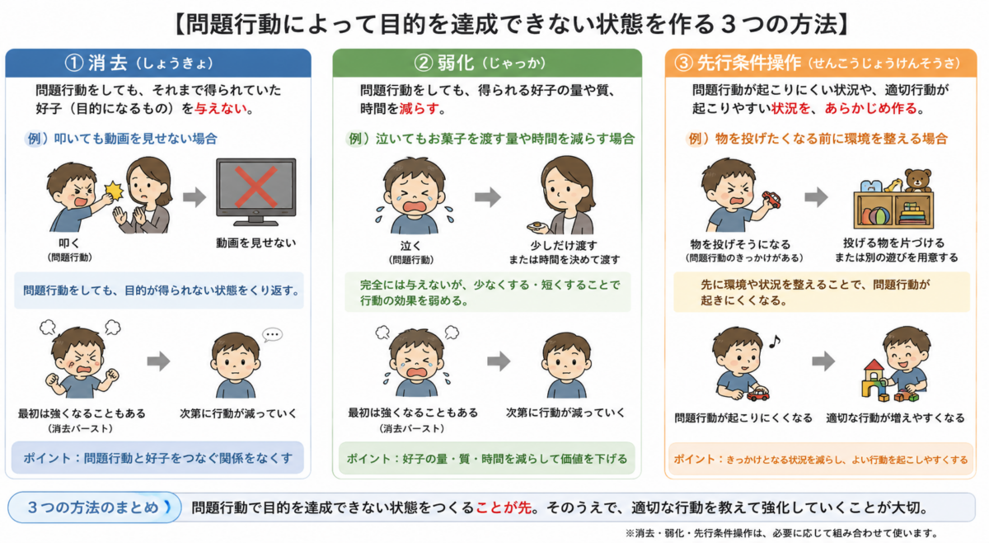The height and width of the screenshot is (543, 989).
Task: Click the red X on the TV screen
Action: [x=255, y=187]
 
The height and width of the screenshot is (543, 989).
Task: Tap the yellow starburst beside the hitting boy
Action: [x=114, y=191]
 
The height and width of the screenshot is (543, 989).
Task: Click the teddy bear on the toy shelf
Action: [x=918, y=180]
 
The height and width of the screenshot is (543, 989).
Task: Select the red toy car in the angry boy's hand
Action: [x=771, y=200]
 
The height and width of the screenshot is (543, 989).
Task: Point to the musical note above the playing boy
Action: [x=775, y=341]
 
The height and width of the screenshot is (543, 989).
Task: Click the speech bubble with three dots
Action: [x=272, y=335]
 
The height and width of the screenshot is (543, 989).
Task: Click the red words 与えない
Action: [x=221, y=109]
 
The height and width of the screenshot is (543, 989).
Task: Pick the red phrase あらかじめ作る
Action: [x=871, y=109]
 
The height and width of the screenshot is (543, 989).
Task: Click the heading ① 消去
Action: [x=96, y=63]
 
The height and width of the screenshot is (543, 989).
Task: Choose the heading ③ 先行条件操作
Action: [x=738, y=63]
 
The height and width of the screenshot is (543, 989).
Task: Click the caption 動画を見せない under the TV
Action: [x=255, y=243]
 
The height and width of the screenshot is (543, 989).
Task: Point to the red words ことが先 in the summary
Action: [x=504, y=508]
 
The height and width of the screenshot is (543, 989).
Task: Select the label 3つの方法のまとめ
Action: [x=93, y=508]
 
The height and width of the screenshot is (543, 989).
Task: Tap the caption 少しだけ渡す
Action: [x=564, y=245]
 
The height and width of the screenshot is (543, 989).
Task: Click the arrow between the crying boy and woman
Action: [x=487, y=197]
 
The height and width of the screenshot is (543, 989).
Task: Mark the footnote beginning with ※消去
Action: [x=781, y=533]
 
